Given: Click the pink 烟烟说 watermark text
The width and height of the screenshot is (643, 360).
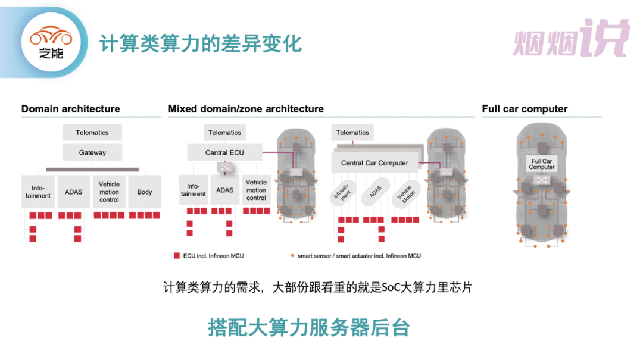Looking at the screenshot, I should pyautogui.click(x=570, y=39).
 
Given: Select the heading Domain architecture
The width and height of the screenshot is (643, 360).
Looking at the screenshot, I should pyautogui.click(x=70, y=109).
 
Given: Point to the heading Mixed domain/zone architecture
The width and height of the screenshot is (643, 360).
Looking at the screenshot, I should pyautogui.click(x=246, y=109).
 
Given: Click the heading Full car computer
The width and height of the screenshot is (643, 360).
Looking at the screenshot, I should pyautogui.click(x=525, y=109).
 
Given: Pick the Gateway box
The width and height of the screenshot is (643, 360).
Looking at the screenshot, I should pyautogui.click(x=92, y=152).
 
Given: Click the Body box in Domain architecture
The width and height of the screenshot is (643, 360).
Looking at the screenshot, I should pyautogui.click(x=145, y=192).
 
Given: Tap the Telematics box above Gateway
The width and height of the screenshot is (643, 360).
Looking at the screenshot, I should pyautogui.click(x=92, y=132).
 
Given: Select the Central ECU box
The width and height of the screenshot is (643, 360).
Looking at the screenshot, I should pyautogui.click(x=224, y=152).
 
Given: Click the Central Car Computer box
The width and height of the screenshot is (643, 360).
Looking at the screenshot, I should pyautogui.click(x=374, y=162).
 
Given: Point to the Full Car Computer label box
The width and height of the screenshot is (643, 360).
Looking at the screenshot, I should pyautogui.click(x=541, y=164).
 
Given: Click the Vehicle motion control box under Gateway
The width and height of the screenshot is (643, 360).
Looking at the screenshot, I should pyautogui.click(x=109, y=192).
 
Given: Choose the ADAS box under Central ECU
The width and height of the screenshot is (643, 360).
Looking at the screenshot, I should pyautogui.click(x=224, y=190).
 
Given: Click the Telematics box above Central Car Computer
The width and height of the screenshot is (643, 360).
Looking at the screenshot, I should pyautogui.click(x=352, y=132).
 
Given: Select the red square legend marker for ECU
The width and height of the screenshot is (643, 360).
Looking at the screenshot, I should pyautogui.click(x=176, y=256).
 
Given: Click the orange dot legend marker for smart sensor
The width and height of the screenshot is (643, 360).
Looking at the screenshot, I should pyautogui.click(x=292, y=256).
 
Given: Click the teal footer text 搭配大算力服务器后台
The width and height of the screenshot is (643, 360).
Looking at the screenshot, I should pyautogui.click(x=308, y=327).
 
